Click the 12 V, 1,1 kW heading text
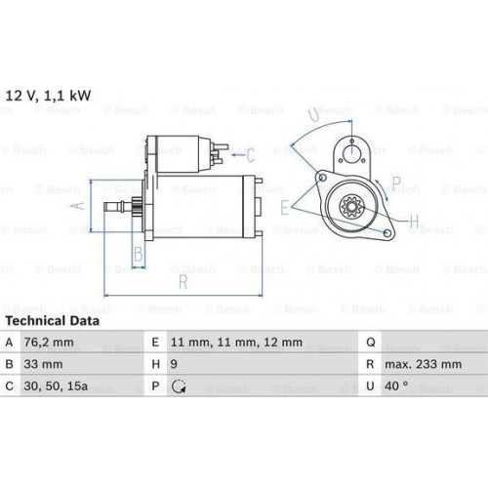tap(48, 96)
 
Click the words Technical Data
tap(53, 321)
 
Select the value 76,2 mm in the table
tap(49, 343)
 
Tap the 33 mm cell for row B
tap(43, 364)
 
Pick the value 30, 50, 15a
tap(56, 386)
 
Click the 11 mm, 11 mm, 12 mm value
tap(236, 343)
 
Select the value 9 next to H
tap(174, 364)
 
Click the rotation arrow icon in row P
tap(179, 386)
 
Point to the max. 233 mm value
tap(424, 364)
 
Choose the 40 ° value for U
tap(396, 386)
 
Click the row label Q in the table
tap(371, 343)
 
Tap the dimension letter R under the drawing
tap(183, 282)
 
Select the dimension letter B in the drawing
tap(139, 254)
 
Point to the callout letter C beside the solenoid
tap(250, 155)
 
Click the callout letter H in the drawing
tap(414, 222)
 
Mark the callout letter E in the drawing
tap(285, 207)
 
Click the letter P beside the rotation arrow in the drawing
tap(396, 183)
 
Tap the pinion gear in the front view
tap(352, 206)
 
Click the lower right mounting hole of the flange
tap(387, 233)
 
